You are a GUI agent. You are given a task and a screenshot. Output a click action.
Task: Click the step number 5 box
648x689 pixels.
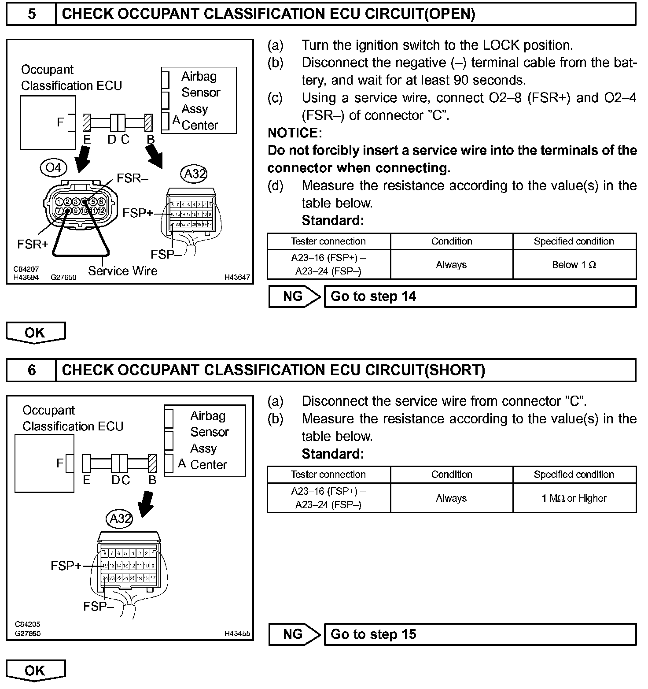coord(31,14)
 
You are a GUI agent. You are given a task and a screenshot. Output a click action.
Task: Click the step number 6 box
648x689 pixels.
coord(31,370)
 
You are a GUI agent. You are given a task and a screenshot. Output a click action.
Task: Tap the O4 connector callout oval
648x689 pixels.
coord(54,167)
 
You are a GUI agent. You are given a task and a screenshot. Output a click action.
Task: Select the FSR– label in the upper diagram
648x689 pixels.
coord(133,178)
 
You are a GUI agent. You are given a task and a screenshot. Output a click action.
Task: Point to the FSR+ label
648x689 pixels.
coord(33,244)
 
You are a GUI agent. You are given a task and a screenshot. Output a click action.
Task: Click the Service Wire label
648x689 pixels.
coord(122,271)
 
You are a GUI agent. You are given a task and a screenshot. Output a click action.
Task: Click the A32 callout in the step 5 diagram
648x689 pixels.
coord(194,174)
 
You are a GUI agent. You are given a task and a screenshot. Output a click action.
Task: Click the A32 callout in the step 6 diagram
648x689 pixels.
coord(120,519)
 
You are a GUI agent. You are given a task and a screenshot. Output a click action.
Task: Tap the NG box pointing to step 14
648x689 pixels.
coord(294,296)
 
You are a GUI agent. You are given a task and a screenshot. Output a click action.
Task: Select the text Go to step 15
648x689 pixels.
coord(373,634)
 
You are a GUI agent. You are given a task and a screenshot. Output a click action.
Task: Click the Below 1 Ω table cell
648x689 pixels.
coord(574,265)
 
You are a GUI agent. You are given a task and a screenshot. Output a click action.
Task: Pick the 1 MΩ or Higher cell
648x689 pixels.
coord(574,498)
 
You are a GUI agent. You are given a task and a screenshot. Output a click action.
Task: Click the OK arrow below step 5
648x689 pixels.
coord(35,333)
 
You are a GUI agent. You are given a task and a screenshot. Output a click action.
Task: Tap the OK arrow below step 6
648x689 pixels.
coord(35,670)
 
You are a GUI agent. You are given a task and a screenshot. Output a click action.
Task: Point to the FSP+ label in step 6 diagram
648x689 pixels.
coord(66,565)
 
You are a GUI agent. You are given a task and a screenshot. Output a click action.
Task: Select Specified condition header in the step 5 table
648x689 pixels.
coord(574,241)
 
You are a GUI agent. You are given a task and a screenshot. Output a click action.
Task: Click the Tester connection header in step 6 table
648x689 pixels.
coord(328,474)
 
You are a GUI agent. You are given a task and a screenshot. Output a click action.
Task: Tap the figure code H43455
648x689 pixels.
coord(237,633)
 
